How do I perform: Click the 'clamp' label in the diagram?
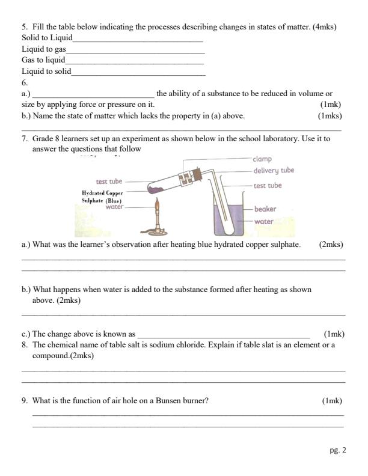[x=263, y=159]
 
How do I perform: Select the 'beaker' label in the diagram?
[x=265, y=210]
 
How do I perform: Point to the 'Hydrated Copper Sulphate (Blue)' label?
[x=102, y=197]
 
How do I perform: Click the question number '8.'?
[x=25, y=345]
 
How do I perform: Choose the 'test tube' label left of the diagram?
[x=109, y=181]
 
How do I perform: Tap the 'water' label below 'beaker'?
[x=263, y=221]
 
